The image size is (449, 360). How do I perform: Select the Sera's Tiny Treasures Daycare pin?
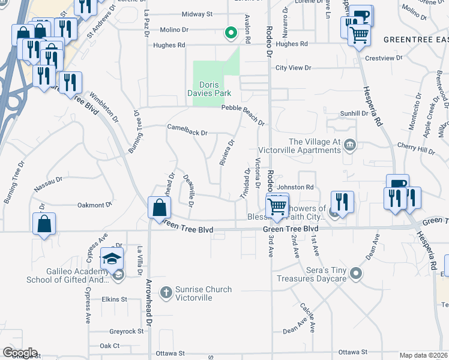(x=357, y=274)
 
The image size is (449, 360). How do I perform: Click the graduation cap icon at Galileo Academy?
(x=112, y=259)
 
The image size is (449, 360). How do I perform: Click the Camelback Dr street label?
(x=187, y=133)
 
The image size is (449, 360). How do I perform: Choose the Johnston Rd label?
(x=295, y=187)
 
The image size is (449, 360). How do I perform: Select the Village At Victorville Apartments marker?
(x=351, y=145)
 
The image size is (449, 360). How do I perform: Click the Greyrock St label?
(x=126, y=331)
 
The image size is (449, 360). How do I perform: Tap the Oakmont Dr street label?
(x=95, y=205)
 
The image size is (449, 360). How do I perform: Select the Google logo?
(x=19, y=353)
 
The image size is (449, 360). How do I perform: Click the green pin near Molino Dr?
(x=229, y=33)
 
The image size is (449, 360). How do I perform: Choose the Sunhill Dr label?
(x=354, y=113)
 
